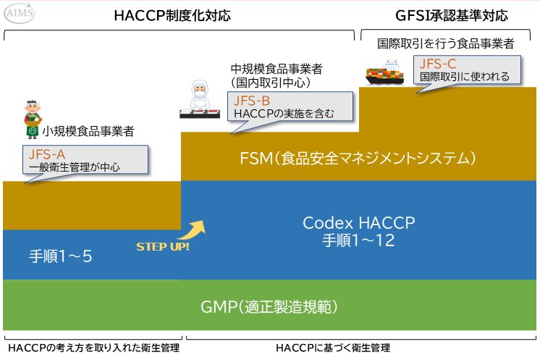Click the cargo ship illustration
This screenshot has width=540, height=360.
(384, 73)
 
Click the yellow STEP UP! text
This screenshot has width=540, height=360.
(163, 246)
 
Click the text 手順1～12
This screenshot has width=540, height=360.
(359, 241)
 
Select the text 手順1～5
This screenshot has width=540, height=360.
(61, 256)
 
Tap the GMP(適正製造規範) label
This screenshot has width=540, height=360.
(269, 306)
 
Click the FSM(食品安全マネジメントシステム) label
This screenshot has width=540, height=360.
(360, 157)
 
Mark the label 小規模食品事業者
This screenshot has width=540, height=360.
(88, 131)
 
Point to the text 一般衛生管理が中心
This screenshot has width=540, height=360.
(75, 167)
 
